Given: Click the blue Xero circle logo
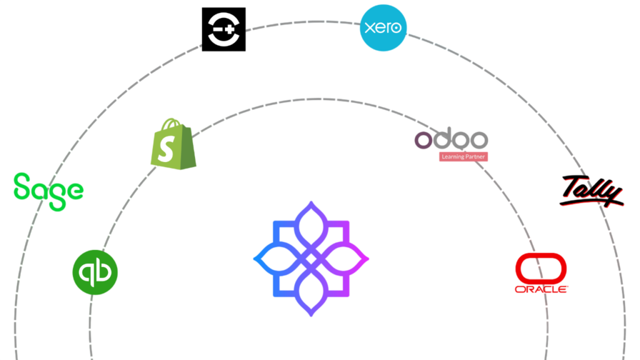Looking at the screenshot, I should (x=383, y=27).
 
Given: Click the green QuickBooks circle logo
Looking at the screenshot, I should (x=95, y=272).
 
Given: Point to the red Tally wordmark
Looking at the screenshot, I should (x=592, y=191).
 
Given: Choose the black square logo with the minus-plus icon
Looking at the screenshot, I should (x=224, y=28).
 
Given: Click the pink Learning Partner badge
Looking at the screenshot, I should (x=463, y=157).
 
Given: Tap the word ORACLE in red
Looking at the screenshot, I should (x=541, y=289).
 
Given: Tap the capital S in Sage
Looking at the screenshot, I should (x=22, y=186).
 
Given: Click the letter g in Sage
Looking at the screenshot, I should (x=56, y=191).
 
